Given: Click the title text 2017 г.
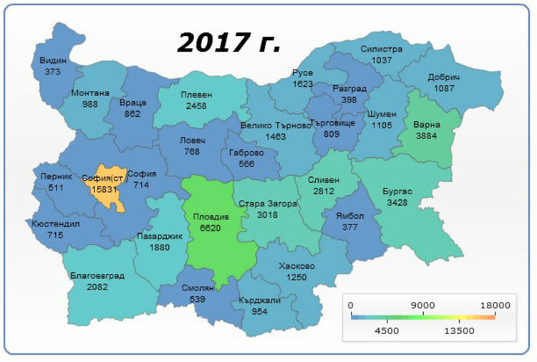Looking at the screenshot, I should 228,44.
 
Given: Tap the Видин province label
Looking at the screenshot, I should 52,61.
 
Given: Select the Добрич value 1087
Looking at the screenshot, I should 444,87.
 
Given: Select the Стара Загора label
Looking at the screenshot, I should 267,204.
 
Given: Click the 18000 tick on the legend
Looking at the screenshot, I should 495,305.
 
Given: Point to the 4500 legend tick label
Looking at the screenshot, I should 387,330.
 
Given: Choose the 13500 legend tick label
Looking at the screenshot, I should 459,330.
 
